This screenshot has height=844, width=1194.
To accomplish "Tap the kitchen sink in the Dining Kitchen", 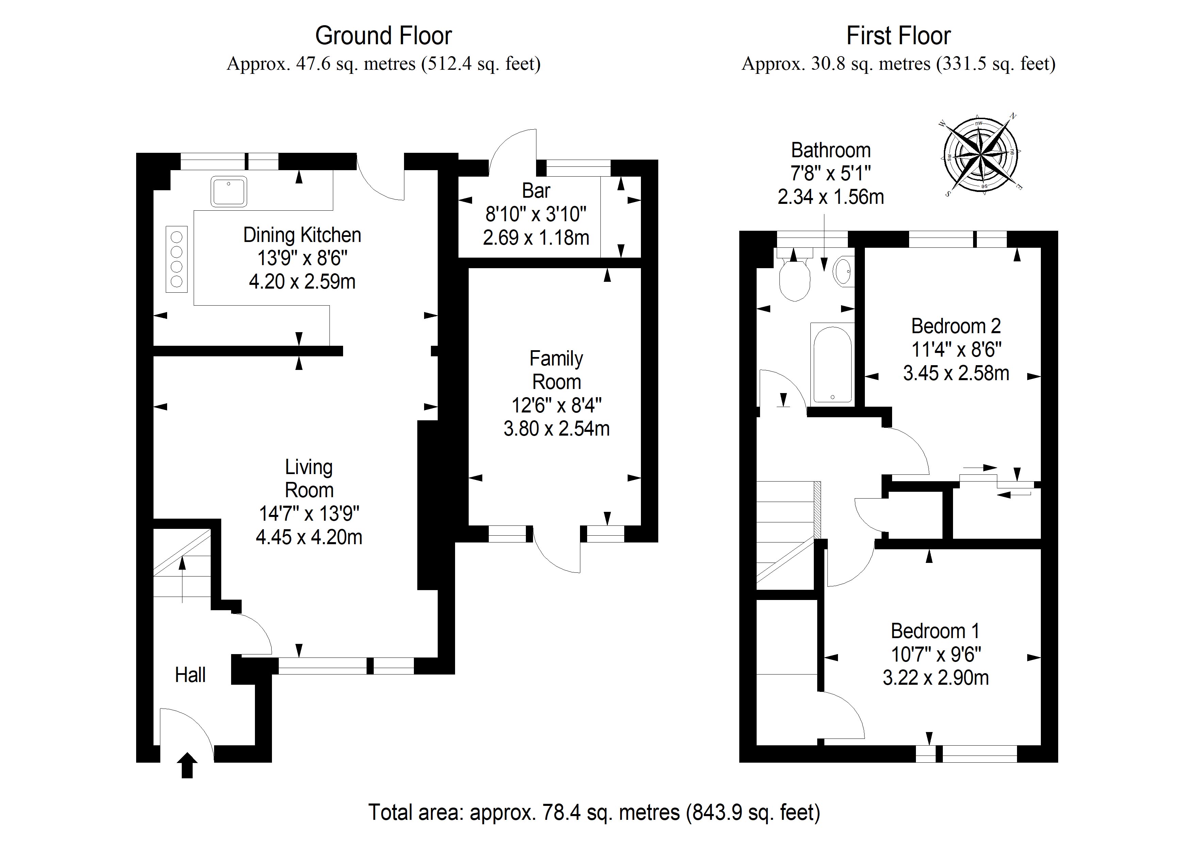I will click(x=228, y=191).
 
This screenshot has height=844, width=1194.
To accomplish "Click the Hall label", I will click(x=190, y=675).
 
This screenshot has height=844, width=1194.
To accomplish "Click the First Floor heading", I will click(x=898, y=36).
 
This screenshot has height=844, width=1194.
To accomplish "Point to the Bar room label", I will click(x=536, y=191).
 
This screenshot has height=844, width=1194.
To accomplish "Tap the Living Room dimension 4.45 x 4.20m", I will click(x=309, y=537).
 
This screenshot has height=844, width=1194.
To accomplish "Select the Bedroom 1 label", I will click(x=935, y=631).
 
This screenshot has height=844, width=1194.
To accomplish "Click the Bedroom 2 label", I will click(x=956, y=326).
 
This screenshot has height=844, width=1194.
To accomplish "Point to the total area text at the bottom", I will click(x=594, y=812).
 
